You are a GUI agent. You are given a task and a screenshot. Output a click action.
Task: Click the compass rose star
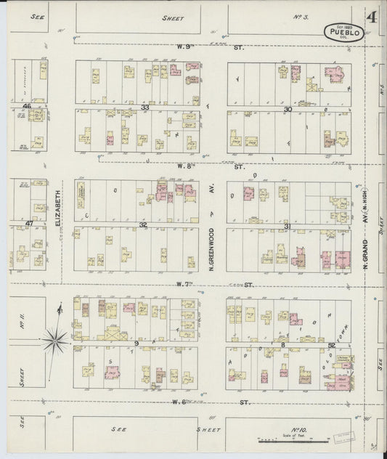pos(56,336)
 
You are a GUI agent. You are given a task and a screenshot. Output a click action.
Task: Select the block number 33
pos(145,107)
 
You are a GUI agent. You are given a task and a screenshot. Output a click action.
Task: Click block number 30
pos(288,109)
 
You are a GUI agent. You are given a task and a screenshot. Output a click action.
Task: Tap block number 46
pos(27,107)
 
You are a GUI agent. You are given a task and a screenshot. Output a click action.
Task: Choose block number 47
pos(30,223)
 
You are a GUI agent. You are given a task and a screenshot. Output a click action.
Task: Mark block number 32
pos(144,224)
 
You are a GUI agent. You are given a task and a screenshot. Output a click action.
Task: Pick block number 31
pos(288,226)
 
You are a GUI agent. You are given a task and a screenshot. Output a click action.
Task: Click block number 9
pos(136,342)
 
